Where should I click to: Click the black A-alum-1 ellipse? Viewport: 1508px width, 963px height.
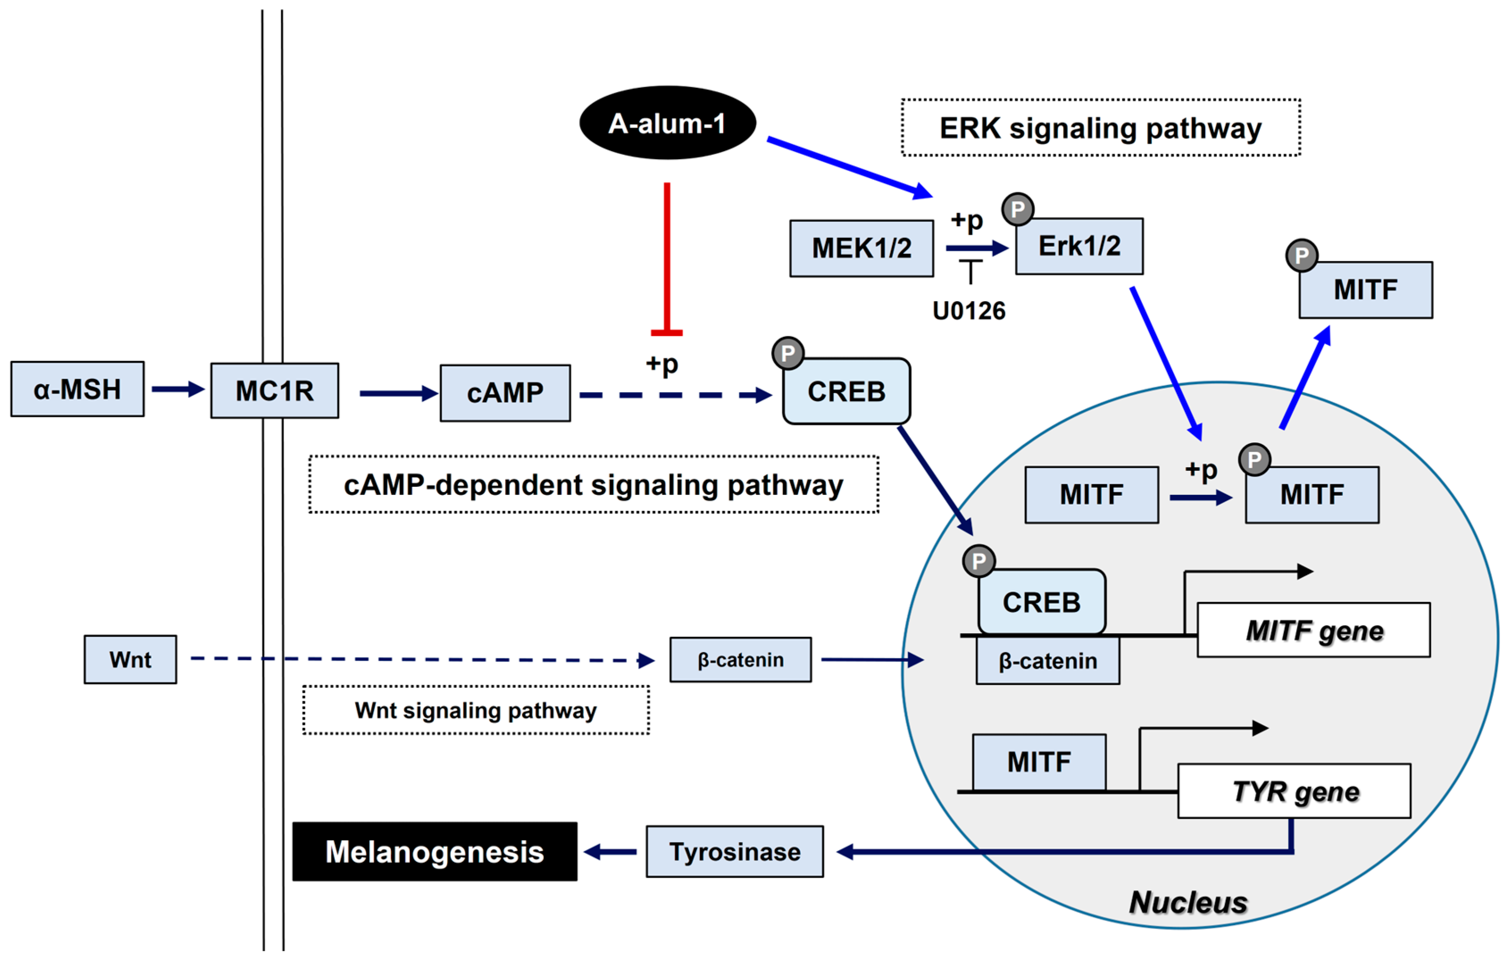click(667, 123)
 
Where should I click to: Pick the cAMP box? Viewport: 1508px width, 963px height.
click(505, 393)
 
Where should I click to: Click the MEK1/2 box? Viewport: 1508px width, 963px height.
click(861, 248)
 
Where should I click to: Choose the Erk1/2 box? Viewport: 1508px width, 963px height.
click(1079, 246)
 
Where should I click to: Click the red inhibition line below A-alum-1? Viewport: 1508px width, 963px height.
click(667, 257)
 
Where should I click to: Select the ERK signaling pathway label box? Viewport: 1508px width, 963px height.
click(1100, 128)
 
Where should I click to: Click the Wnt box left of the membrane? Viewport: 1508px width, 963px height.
click(130, 659)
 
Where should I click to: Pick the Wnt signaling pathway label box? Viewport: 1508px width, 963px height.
click(475, 710)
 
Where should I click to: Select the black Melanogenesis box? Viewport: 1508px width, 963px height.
click(435, 851)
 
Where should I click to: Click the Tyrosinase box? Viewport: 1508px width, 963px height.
click(735, 851)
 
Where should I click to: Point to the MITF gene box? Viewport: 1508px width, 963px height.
click(1313, 630)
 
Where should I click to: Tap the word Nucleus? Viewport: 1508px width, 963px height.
click(1188, 902)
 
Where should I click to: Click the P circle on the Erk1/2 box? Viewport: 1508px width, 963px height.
click(1018, 209)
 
